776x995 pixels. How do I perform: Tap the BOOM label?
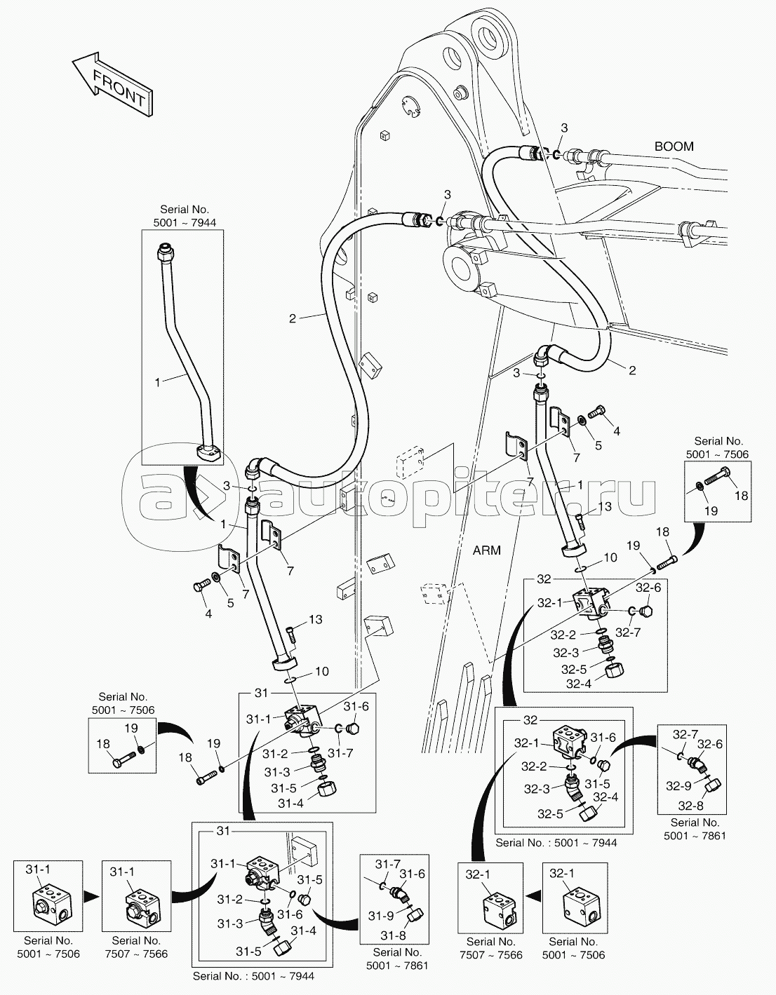pos(674,147)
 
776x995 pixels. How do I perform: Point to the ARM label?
pos(486,550)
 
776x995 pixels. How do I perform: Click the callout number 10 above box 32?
pos(610,557)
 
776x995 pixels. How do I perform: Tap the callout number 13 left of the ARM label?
pos(604,506)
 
